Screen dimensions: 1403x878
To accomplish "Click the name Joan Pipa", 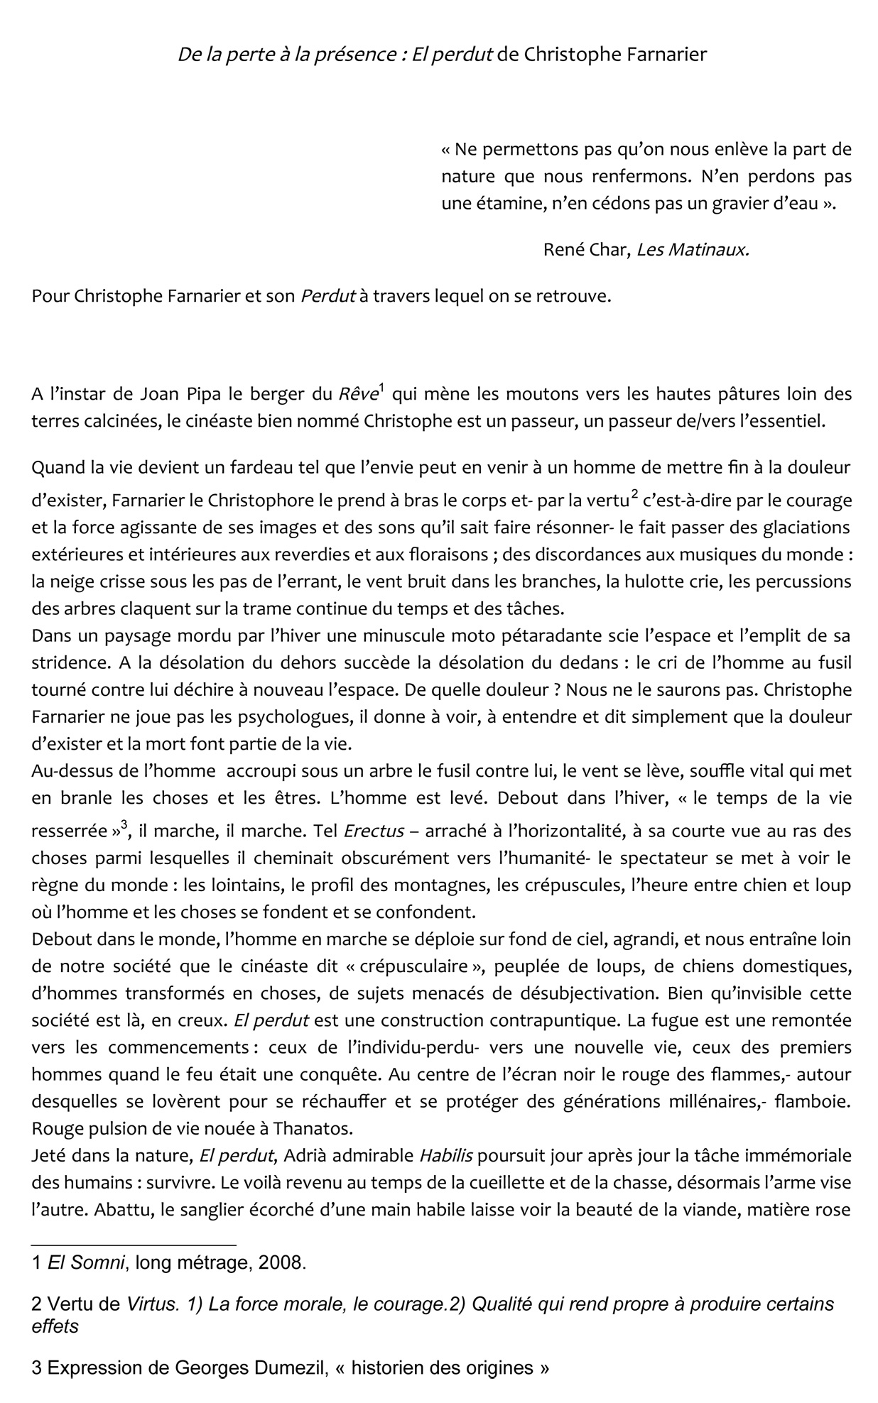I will (x=161, y=393).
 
